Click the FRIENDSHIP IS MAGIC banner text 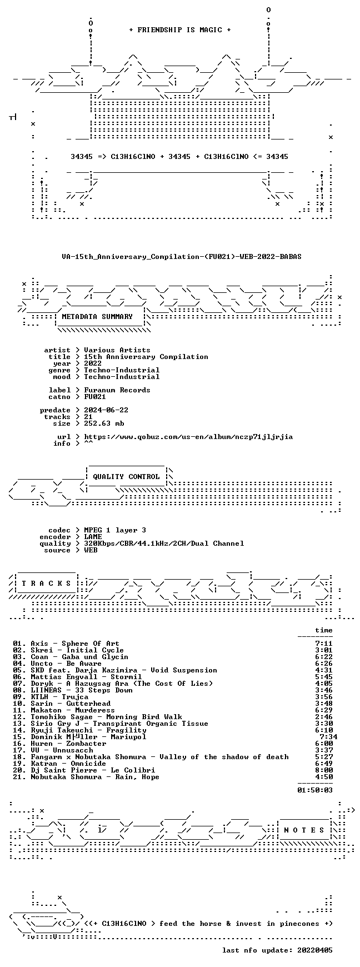(180, 30)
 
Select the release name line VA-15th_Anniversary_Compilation (182, 257)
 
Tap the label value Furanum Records (117, 390)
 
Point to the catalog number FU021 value (95, 397)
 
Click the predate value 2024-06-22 (106, 410)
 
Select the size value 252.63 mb (104, 423)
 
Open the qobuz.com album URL (188, 437)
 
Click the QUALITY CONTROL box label (126, 477)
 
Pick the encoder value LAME (93, 537)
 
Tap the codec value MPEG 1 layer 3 (115, 530)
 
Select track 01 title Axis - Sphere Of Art (75, 644)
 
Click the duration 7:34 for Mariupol (328, 737)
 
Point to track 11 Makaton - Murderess (73, 710)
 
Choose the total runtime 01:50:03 (315, 790)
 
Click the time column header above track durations (324, 630)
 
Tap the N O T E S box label (304, 830)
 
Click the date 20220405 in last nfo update (315, 950)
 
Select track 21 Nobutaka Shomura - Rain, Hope (95, 777)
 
